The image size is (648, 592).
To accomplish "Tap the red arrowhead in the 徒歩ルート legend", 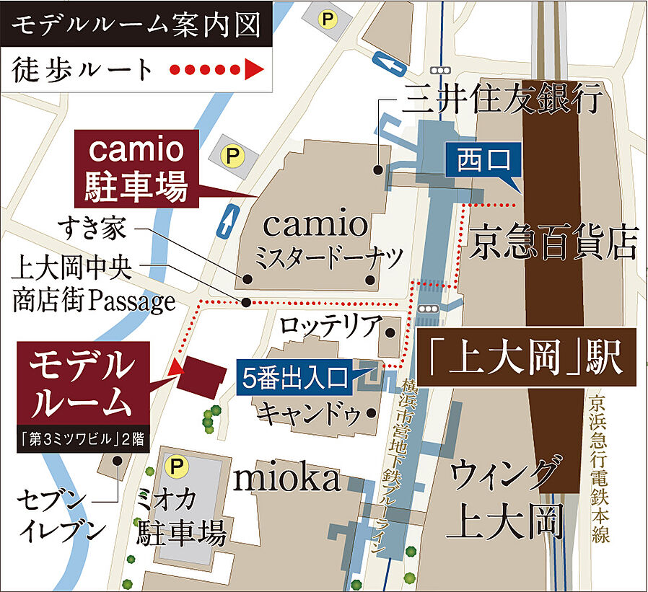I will click(x=253, y=70).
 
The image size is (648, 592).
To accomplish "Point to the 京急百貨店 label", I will click(x=555, y=243).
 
